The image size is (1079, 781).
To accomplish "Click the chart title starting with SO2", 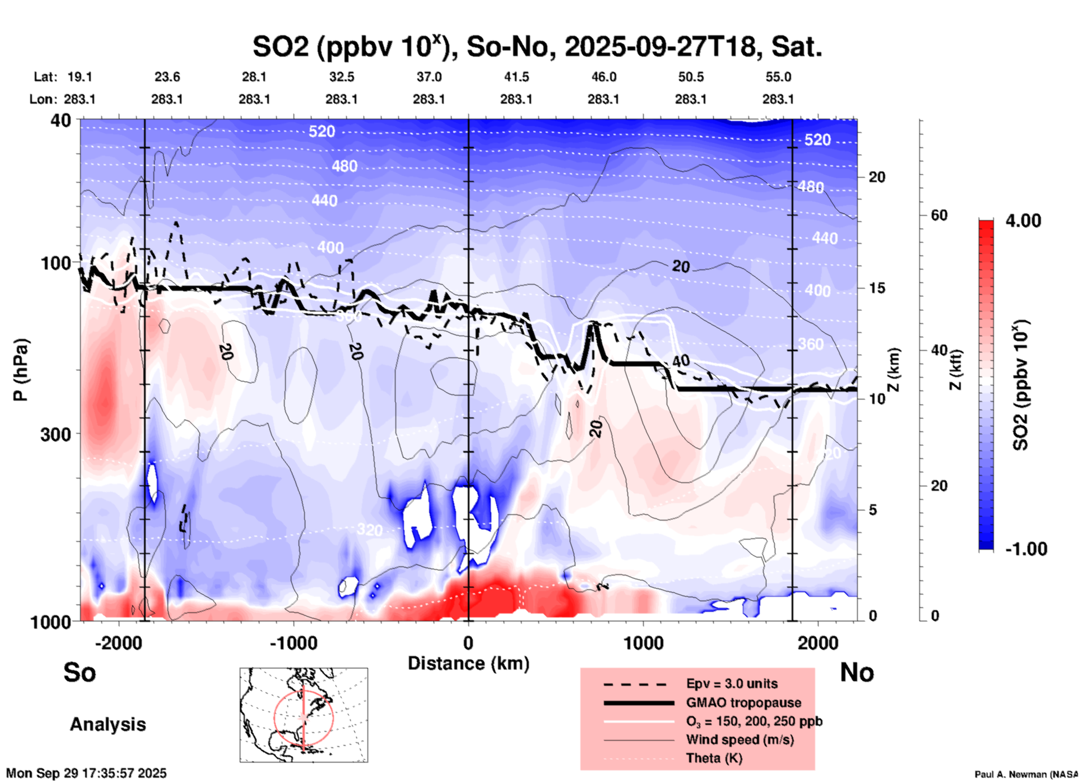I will [537, 47].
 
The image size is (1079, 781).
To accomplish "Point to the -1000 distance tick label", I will [293, 643].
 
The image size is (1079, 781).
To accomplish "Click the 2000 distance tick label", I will [818, 643].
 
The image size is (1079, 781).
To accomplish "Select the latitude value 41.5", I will [516, 77].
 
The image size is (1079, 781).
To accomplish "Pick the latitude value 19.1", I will [80, 77].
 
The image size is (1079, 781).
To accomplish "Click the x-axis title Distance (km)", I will [468, 663].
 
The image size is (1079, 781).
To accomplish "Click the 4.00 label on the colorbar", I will [1023, 221].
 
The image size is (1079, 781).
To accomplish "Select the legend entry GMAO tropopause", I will [743, 703].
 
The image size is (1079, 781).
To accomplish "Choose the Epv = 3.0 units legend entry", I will [732, 684].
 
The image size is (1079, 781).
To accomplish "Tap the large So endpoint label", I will [80, 672].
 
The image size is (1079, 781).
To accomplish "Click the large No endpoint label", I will [857, 672].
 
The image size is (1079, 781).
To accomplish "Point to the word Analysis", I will [108, 724].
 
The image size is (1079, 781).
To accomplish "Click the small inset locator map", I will [304, 715].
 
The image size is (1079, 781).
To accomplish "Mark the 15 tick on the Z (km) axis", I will [877, 288].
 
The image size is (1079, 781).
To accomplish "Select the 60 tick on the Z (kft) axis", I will [939, 216].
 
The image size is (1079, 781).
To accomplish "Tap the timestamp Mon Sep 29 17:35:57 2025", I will [86, 773].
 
